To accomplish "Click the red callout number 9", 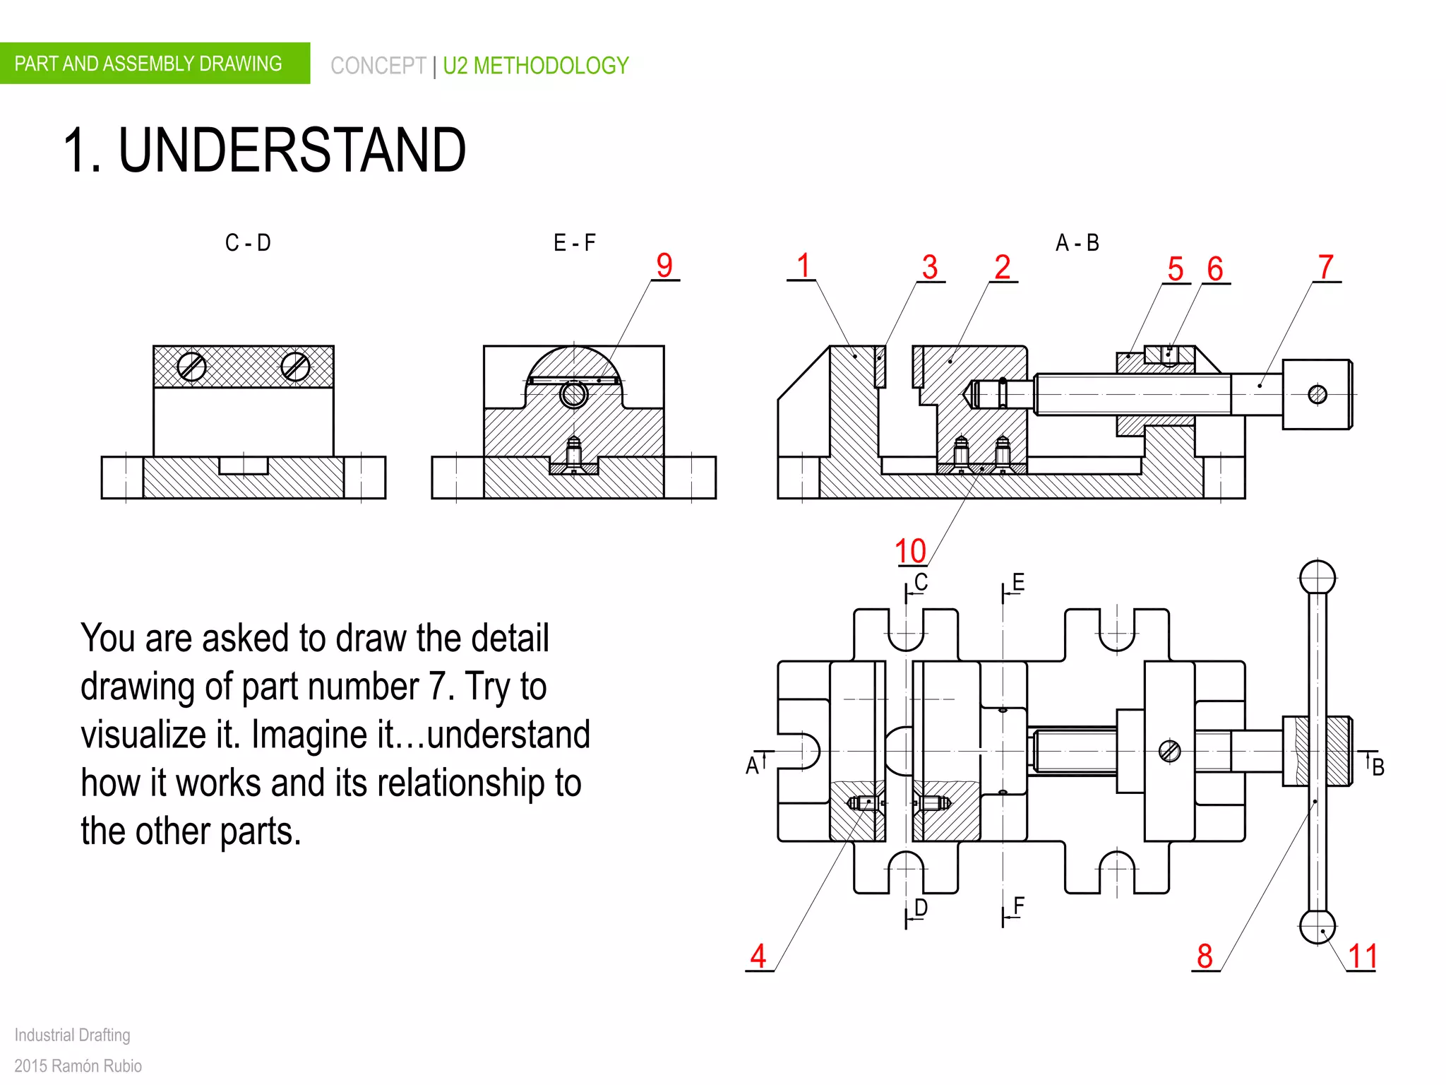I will pyautogui.click(x=664, y=266).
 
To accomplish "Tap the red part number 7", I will pyautogui.click(x=1326, y=268).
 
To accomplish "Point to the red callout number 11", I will pyautogui.click(x=1363, y=957).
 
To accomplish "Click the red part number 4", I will pyautogui.click(x=758, y=957).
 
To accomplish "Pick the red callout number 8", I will pyautogui.click(x=1205, y=957).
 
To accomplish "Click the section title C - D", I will pyautogui.click(x=248, y=243).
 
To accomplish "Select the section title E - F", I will pyautogui.click(x=574, y=243).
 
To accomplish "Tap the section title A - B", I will pyautogui.click(x=1077, y=243).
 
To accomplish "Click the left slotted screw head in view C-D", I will pyautogui.click(x=191, y=367).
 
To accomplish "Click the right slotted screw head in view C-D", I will pyautogui.click(x=295, y=367).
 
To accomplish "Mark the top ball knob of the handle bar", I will pyautogui.click(x=1317, y=578).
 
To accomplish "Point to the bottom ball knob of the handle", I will pyautogui.click(x=1317, y=927).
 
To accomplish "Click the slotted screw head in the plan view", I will pyautogui.click(x=1170, y=751).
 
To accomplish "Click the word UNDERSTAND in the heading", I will pyautogui.click(x=292, y=150).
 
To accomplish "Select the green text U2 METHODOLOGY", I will pyautogui.click(x=536, y=66).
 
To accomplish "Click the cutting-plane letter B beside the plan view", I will pyautogui.click(x=1378, y=767).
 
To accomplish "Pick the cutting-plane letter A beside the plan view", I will pyautogui.click(x=752, y=766).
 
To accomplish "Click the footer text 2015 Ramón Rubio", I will pyautogui.click(x=78, y=1065).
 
